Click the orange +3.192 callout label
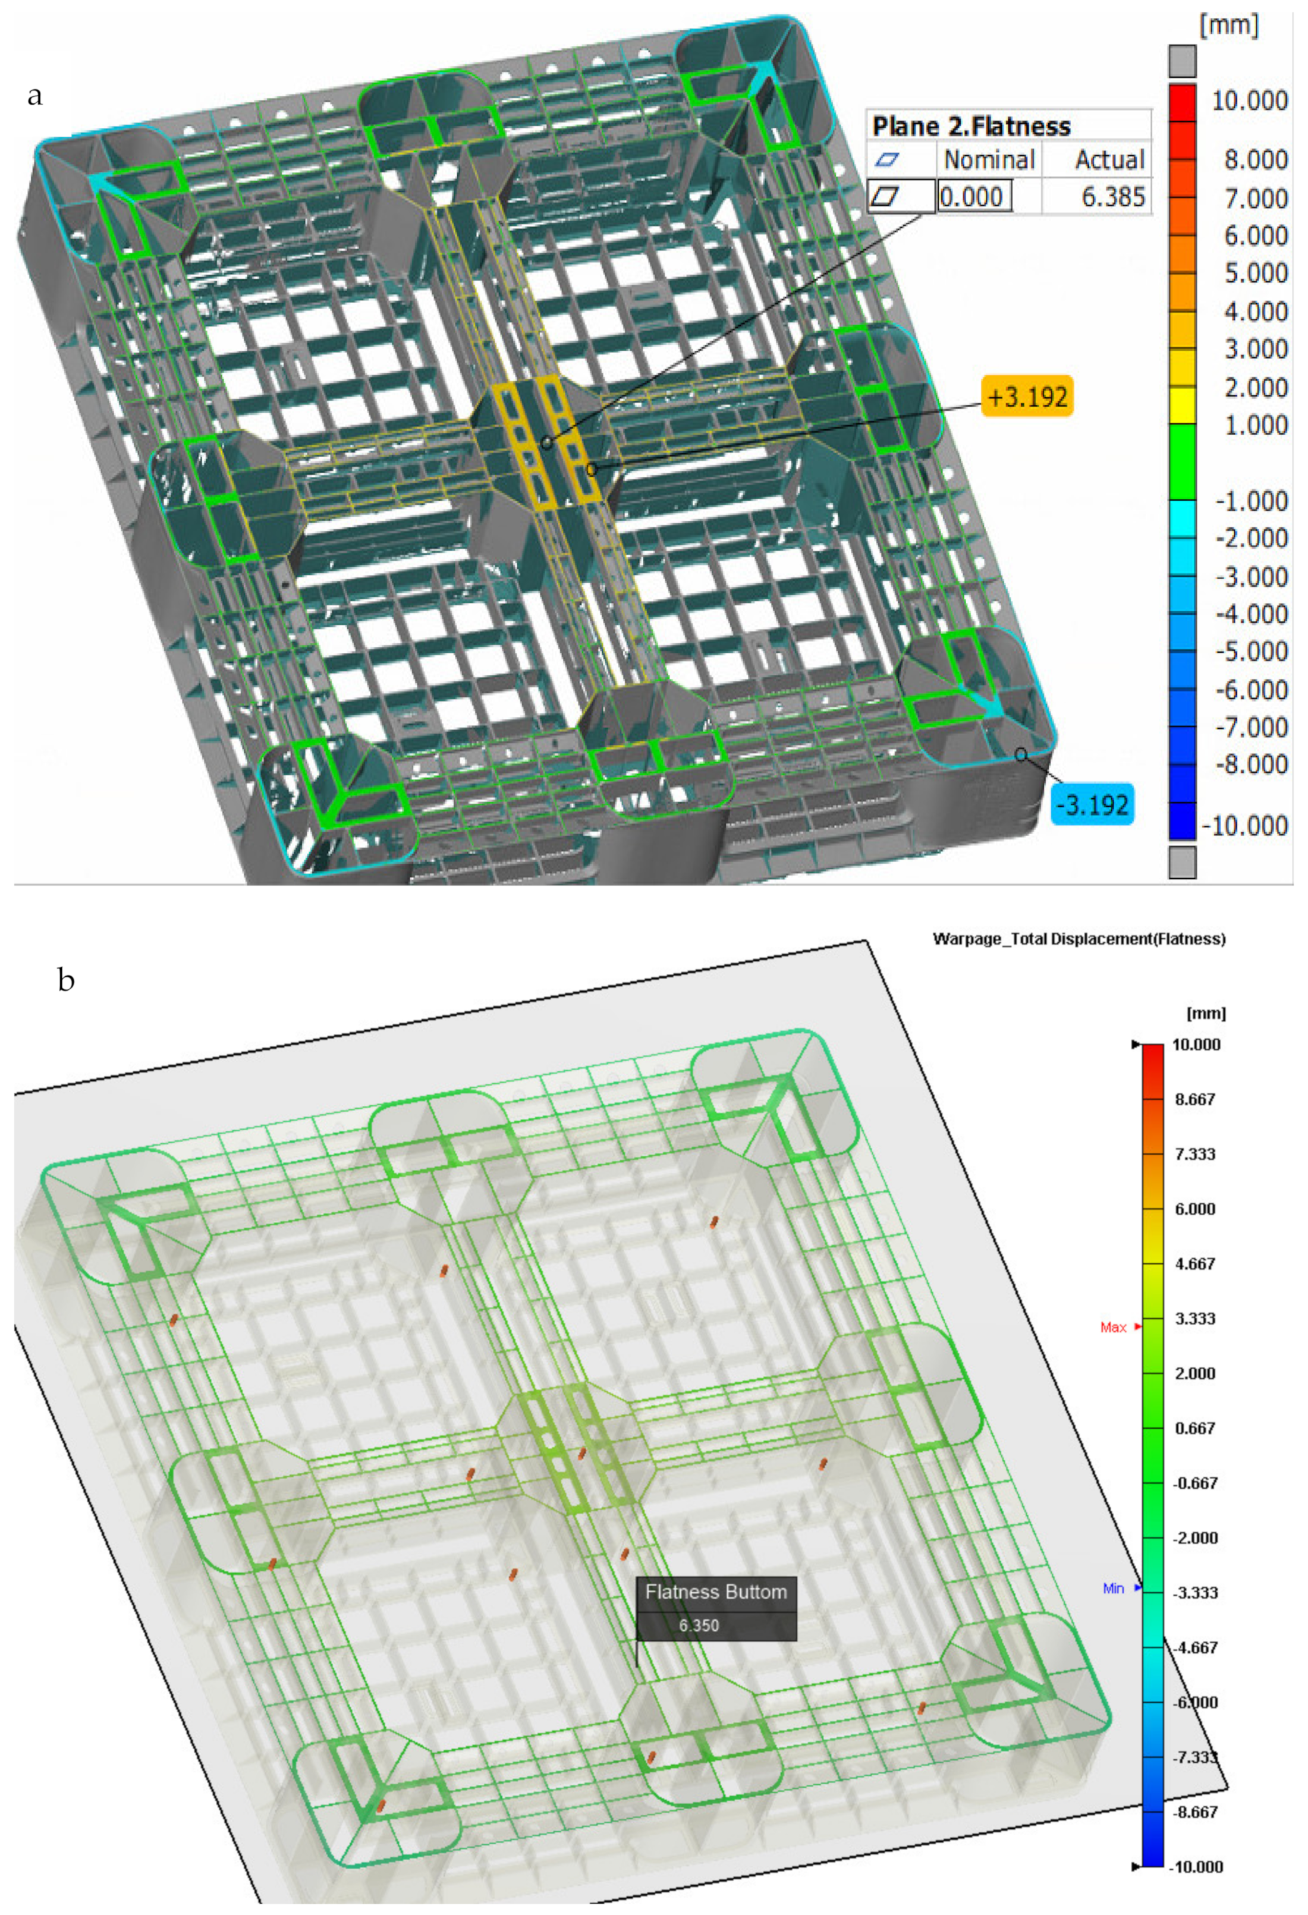pos(1027,397)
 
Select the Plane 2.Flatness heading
pos(971,126)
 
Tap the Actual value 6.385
pos(1112,196)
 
